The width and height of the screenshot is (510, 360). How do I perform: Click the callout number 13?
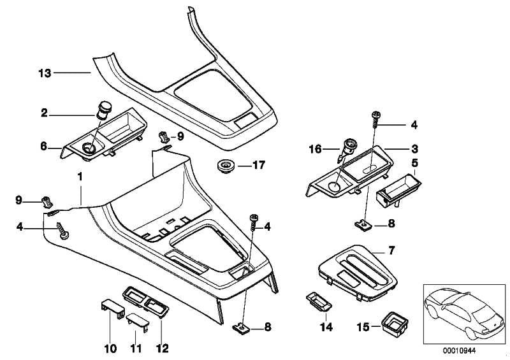click(x=44, y=73)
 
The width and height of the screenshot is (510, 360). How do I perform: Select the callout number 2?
click(x=44, y=114)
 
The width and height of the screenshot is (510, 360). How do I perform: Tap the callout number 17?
click(x=258, y=164)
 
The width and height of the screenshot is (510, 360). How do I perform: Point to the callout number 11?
click(x=136, y=349)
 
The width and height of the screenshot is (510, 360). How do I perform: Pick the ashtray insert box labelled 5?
click(x=398, y=189)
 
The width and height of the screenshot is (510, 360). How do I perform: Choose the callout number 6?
click(x=44, y=146)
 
